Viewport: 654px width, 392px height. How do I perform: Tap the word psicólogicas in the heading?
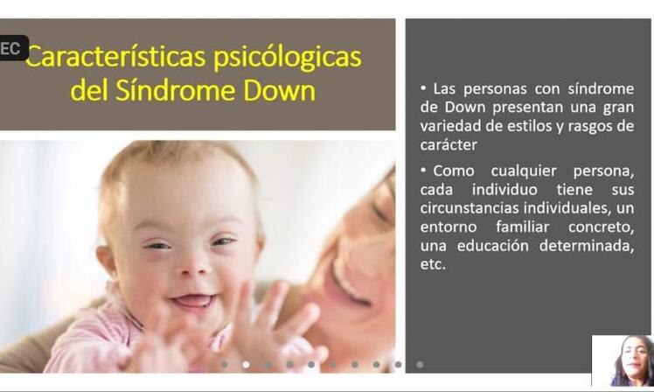[x=288, y=59]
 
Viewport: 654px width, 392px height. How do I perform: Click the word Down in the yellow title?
[x=280, y=90]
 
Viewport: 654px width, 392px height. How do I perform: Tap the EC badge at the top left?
[x=12, y=48]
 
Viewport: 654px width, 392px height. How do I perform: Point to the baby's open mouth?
[x=193, y=301]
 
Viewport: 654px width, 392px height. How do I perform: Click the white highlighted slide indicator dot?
[x=246, y=365]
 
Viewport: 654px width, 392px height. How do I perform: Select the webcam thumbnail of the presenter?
[x=623, y=360]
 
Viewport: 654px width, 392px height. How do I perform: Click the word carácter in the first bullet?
[x=449, y=145]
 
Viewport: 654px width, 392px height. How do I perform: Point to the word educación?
[x=492, y=246]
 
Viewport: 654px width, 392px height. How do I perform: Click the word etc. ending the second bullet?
[x=433, y=264]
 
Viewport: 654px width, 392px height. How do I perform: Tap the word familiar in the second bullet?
[x=522, y=227]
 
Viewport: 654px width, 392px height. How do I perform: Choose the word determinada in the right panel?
[x=587, y=246]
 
